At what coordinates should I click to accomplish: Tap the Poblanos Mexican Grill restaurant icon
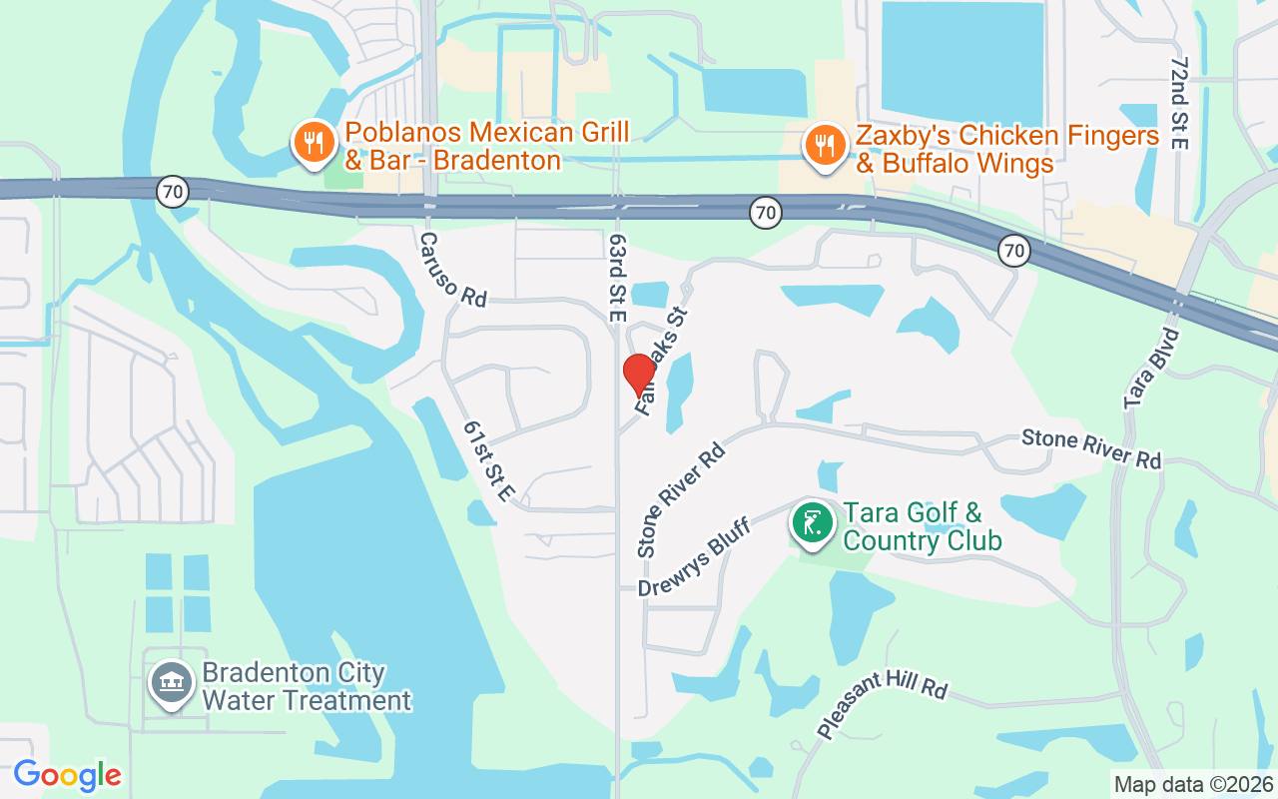pyautogui.click(x=315, y=143)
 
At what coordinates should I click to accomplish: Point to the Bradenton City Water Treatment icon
pyautogui.click(x=171, y=683)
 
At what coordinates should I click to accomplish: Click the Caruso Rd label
pyautogui.click(x=452, y=270)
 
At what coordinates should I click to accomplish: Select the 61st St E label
pyautogui.click(x=489, y=460)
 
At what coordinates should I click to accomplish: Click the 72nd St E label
pyautogui.click(x=1180, y=102)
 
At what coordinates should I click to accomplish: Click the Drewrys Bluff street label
pyautogui.click(x=694, y=558)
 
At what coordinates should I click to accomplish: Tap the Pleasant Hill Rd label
pyautogui.click(x=882, y=705)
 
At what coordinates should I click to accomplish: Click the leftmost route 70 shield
pyautogui.click(x=173, y=192)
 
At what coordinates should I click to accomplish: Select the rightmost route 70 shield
pyautogui.click(x=1014, y=250)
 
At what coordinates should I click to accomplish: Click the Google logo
pyautogui.click(x=67, y=775)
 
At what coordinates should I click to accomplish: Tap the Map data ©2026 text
pyautogui.click(x=1193, y=784)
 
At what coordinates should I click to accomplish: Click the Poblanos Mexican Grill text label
pyautogui.click(x=487, y=146)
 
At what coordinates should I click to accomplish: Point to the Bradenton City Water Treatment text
pyautogui.click(x=307, y=686)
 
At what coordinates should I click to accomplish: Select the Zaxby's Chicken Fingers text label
pyautogui.click(x=1007, y=150)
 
